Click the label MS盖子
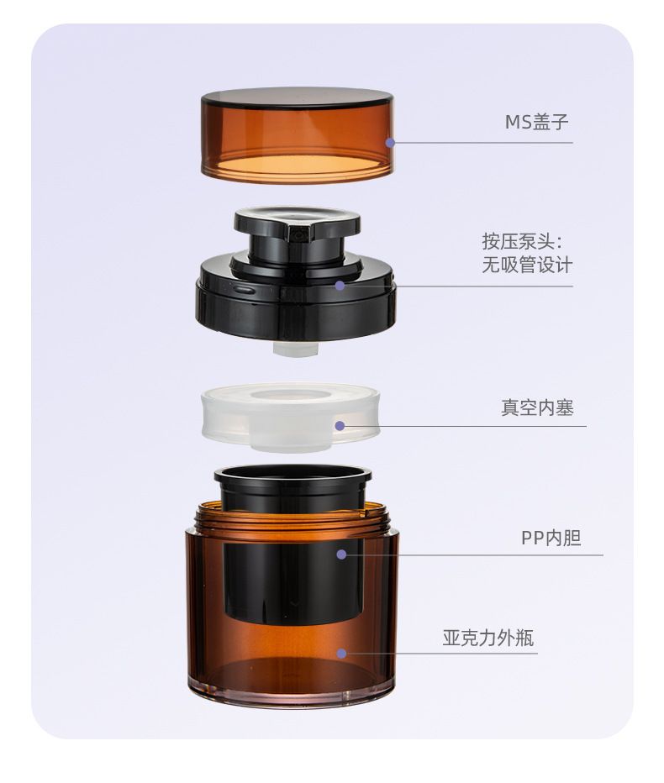pos(536,122)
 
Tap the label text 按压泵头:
pos(523,242)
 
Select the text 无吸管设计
pos(527,265)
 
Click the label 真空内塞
pos(537,408)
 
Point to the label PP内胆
pos(551,539)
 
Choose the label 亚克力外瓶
pos(488,638)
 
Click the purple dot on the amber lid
pos(390,143)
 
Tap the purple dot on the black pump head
pos(340,286)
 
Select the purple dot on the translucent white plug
pos(340,426)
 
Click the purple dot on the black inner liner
pos(341,554)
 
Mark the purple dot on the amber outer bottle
pos(341,654)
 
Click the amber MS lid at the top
pos(298,134)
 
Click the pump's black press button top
pos(297,221)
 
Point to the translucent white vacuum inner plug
pos(290,418)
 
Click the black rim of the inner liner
pos(292,475)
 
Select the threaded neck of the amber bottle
pos(293,518)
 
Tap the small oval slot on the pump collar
pos(243,289)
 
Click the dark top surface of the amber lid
pos(297,97)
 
